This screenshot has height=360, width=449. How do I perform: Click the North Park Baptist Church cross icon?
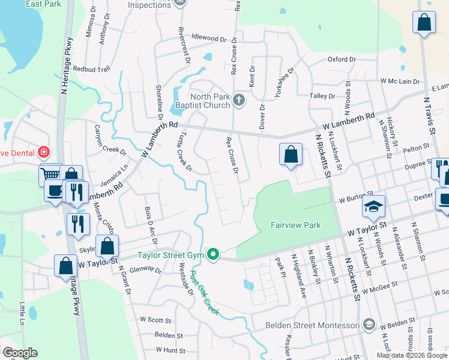coord(239,99)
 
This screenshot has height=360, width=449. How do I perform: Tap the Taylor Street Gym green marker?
coord(212,254)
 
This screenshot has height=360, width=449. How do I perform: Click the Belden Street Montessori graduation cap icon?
coord(369,325)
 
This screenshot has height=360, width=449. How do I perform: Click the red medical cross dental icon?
coord(43,152)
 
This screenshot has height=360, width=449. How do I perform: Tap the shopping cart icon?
coord(50,175)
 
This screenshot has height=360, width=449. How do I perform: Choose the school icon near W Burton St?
coord(373,206)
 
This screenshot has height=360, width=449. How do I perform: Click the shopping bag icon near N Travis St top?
coord(424,22)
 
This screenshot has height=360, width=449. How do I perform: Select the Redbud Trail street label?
coord(92,69)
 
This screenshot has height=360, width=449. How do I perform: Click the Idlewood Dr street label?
coord(208,38)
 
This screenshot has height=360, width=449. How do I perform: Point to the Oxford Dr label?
coord(342,59)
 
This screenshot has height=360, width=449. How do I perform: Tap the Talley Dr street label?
coord(322,96)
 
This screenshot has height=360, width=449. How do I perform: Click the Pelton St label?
coord(417,146)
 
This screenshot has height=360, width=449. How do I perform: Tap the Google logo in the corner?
coord(20,353)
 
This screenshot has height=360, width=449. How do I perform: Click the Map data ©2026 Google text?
coord(412,355)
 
